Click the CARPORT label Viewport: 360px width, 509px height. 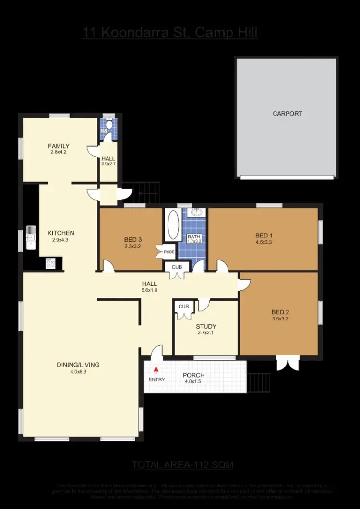coord(287,114)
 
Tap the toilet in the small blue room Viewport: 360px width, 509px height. coord(109,125)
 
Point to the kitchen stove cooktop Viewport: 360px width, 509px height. coord(50,263)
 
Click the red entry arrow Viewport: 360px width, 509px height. coord(156,370)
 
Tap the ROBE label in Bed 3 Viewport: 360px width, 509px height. coord(168,251)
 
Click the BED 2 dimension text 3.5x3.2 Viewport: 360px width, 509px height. coord(280,319)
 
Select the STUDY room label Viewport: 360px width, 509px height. coord(206,326)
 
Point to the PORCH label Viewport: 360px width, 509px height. coord(194,375)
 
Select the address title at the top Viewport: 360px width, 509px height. coord(170,33)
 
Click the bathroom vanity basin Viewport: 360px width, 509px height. coord(196,213)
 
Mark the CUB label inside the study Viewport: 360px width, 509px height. coord(183,306)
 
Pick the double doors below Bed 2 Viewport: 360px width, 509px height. coord(288,363)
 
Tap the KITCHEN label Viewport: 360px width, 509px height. coord(60,233)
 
